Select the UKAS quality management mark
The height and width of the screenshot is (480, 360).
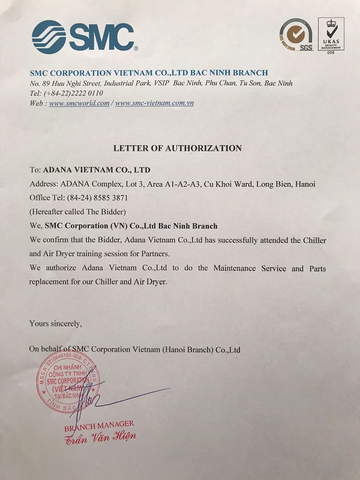pyautogui.click(x=331, y=34)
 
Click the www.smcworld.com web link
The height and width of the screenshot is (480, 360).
pyautogui.click(x=79, y=103)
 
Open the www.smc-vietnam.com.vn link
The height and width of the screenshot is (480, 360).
pyautogui.click(x=154, y=103)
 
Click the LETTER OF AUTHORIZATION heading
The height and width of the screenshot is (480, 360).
pyautogui.click(x=178, y=148)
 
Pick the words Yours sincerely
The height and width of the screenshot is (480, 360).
pyautogui.click(x=56, y=323)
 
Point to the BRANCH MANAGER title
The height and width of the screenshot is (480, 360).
pyautogui.click(x=99, y=425)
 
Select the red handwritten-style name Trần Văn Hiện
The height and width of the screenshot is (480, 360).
pyautogui.click(x=101, y=437)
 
